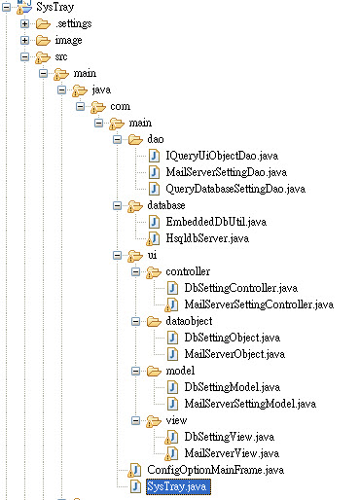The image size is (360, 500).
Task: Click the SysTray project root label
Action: [x=56, y=6]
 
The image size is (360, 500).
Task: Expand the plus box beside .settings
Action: [x=25, y=22]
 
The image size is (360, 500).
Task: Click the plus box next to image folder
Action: [x=25, y=40]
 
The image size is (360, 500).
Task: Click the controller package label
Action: [x=189, y=272]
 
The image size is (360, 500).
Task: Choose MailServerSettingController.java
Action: [x=258, y=304]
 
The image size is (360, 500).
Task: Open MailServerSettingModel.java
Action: [x=248, y=403]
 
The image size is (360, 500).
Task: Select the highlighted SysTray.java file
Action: [x=176, y=485]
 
